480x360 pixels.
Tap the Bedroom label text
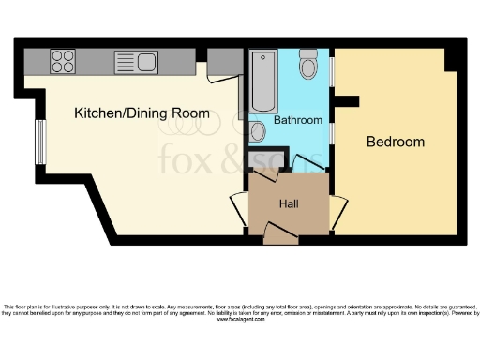click(x=395, y=142)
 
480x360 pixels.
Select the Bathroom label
click(x=298, y=120)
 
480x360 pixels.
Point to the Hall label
click(x=289, y=202)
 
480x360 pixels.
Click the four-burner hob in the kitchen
click(x=64, y=62)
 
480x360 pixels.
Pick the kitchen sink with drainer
click(x=138, y=63)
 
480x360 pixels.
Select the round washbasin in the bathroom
click(x=259, y=132)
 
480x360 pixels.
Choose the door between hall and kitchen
click(x=238, y=206)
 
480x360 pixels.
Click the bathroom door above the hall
click(x=305, y=164)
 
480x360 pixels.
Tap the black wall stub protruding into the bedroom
click(x=348, y=100)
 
